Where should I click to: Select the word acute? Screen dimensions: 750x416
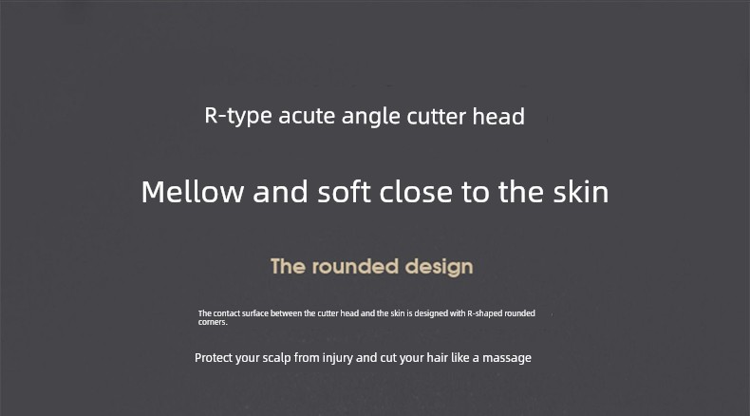(307, 116)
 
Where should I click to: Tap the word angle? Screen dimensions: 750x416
(370, 117)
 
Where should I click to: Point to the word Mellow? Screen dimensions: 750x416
(193, 192)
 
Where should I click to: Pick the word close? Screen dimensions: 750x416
(416, 192)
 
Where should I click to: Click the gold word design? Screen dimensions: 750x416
(440, 267)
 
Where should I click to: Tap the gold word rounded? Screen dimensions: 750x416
(355, 267)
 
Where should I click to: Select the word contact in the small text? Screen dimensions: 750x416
(226, 313)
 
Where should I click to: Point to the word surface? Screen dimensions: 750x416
(255, 313)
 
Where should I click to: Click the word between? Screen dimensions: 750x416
(286, 313)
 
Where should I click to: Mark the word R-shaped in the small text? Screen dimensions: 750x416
(484, 313)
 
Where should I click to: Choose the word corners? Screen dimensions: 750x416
(213, 322)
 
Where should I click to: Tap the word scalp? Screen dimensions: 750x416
(276, 359)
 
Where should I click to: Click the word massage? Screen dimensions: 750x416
(507, 359)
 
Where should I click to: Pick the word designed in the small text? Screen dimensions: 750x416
(431, 313)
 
